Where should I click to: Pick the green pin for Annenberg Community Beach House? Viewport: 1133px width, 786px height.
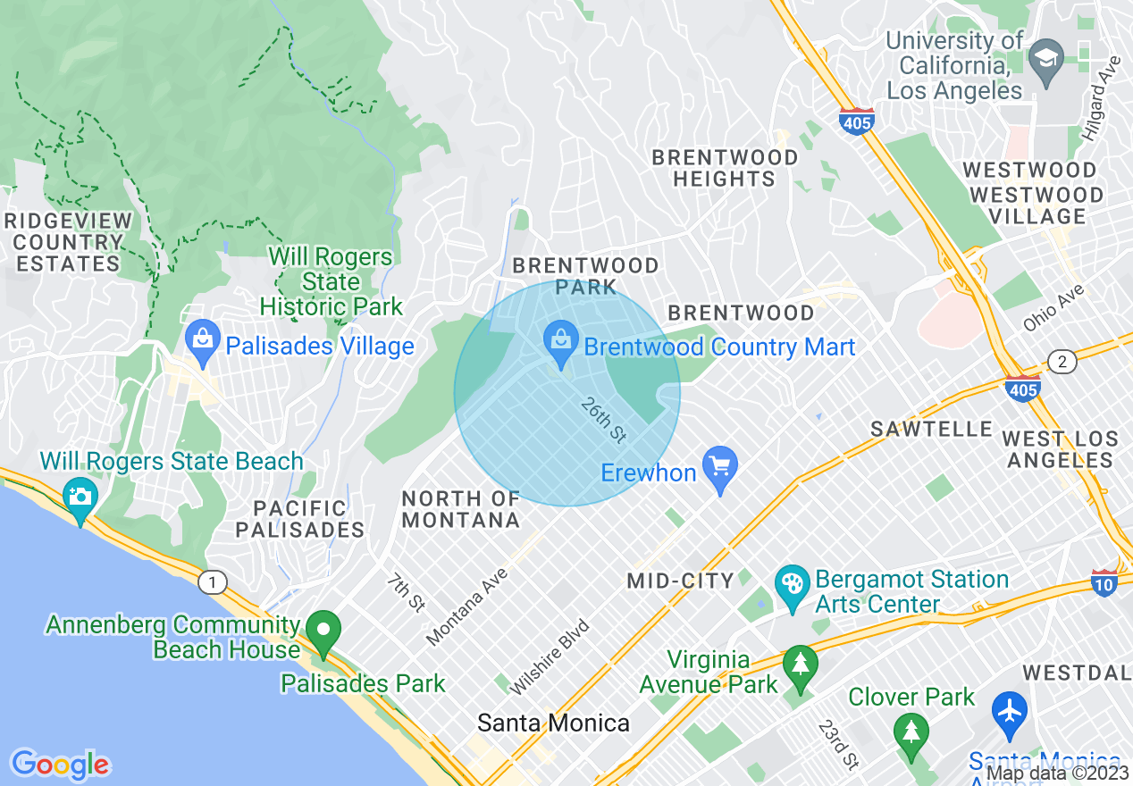pyautogui.click(x=323, y=632)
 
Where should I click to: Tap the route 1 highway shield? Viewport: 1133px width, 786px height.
pyautogui.click(x=212, y=583)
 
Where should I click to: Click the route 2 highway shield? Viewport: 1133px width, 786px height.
pyautogui.click(x=1062, y=362)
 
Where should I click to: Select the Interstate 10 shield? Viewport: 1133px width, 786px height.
pyautogui.click(x=1104, y=582)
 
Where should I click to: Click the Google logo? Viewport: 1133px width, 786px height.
pyautogui.click(x=60, y=764)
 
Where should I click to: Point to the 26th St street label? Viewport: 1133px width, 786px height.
pyautogui.click(x=603, y=421)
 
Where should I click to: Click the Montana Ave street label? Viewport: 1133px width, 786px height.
pyautogui.click(x=467, y=606)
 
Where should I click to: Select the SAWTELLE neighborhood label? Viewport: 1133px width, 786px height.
pyautogui.click(x=931, y=430)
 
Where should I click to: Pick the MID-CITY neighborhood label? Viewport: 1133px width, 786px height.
pyautogui.click(x=680, y=581)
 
